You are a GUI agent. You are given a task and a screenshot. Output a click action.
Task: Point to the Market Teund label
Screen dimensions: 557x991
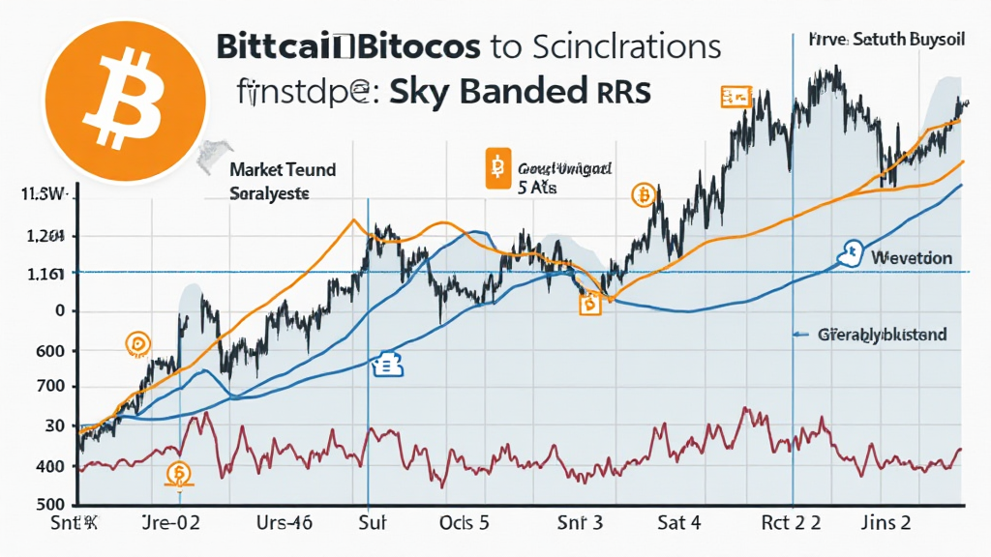click(283, 170)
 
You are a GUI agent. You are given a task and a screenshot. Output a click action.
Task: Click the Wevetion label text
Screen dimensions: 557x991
click(911, 258)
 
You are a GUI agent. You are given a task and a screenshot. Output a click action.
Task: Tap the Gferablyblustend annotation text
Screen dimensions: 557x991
click(881, 335)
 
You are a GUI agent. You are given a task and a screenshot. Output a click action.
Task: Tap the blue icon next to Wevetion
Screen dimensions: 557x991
click(852, 253)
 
